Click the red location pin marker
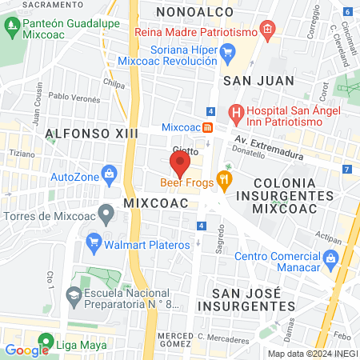(x=179, y=163)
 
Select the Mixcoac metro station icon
(x=207, y=127)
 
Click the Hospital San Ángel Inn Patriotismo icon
(x=235, y=113)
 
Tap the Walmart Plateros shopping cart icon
(x=94, y=239)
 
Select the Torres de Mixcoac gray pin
(x=105, y=214)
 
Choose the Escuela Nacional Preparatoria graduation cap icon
(x=74, y=294)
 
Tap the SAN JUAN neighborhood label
(x=252, y=81)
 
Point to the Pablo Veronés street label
(x=74, y=97)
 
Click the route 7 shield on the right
(x=346, y=170)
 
